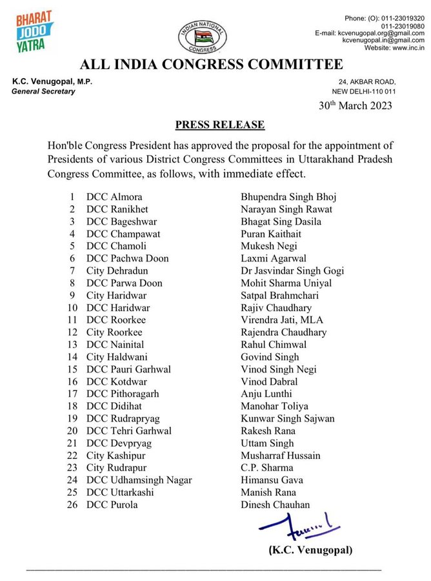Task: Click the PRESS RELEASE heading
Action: [215, 124]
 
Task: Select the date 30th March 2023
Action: [356, 105]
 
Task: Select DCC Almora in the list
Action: [115, 197]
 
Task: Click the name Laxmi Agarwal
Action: [269, 258]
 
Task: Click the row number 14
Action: [73, 357]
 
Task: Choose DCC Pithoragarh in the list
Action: [123, 394]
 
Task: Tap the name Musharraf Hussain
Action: [281, 455]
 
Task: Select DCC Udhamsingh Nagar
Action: [139, 480]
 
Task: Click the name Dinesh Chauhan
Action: [274, 505]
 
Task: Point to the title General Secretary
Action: [43, 92]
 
